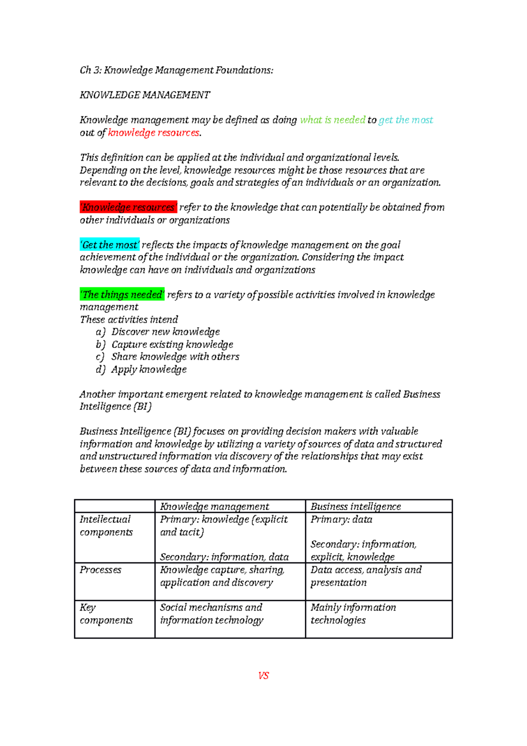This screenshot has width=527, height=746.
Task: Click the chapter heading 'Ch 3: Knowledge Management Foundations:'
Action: (176, 70)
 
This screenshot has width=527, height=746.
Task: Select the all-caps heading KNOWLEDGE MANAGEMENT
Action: (144, 95)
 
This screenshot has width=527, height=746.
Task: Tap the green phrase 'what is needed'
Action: (332, 120)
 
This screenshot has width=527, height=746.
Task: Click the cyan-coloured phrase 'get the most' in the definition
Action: (405, 120)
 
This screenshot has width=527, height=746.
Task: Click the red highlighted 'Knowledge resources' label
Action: (128, 207)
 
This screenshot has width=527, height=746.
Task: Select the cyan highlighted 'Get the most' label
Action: (110, 245)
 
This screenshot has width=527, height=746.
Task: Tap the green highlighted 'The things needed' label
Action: (122, 295)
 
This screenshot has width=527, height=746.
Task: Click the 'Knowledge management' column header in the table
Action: (214, 507)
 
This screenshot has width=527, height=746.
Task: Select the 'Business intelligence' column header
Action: (356, 507)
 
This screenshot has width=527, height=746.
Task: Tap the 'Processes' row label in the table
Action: (101, 570)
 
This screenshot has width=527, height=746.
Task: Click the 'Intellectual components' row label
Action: (106, 526)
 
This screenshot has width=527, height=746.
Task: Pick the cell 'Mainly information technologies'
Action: (353, 614)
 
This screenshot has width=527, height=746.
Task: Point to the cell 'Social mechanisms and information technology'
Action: (211, 614)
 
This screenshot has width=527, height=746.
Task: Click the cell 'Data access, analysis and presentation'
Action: (365, 576)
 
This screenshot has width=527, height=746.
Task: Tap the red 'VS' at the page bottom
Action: (263, 676)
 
